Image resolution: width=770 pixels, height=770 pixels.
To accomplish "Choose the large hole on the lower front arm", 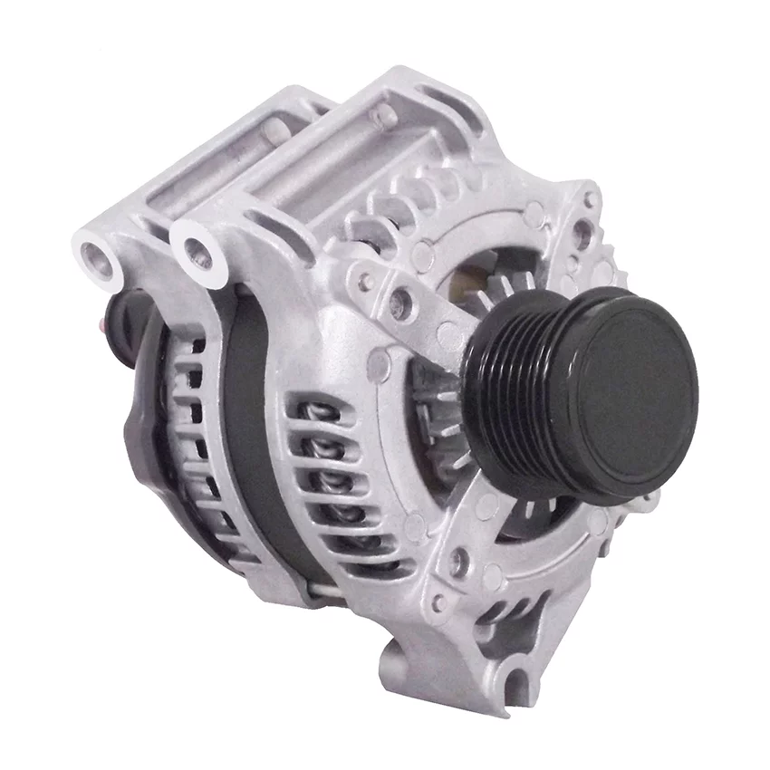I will point(458,562).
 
